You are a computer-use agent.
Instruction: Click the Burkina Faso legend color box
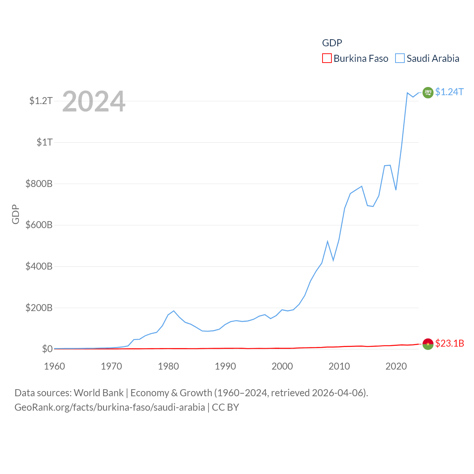(x=327, y=59)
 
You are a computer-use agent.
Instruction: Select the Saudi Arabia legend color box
(x=400, y=59)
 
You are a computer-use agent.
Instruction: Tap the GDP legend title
(x=332, y=43)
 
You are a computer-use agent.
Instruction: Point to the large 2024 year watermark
(x=94, y=101)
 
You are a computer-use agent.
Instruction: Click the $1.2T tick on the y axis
(x=41, y=101)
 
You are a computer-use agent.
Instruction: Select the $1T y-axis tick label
(x=44, y=142)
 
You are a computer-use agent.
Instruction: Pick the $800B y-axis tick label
(x=39, y=184)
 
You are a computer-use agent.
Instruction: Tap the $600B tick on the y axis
(x=39, y=225)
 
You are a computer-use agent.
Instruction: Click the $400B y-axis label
(x=39, y=266)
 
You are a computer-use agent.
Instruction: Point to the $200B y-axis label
(x=39, y=308)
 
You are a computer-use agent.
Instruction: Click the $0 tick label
(x=47, y=349)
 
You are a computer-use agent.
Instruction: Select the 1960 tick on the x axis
(x=54, y=366)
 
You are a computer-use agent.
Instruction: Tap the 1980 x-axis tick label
(x=168, y=366)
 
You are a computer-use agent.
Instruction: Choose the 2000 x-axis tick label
(x=282, y=366)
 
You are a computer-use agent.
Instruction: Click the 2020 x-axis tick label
(x=396, y=366)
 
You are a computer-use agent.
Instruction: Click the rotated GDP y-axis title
(x=16, y=214)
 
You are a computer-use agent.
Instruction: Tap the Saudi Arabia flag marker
(x=428, y=93)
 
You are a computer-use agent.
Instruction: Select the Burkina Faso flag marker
(x=428, y=344)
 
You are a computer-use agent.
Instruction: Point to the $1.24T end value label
(x=449, y=92)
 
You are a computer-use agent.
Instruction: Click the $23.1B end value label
(x=450, y=343)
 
